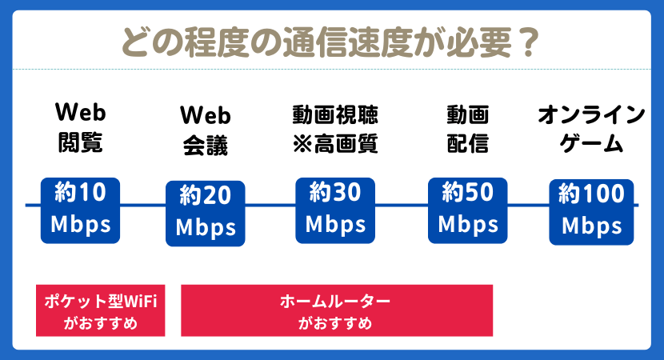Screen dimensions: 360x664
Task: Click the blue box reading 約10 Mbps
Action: coord(81,210)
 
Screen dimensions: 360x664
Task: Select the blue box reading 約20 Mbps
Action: coord(206,213)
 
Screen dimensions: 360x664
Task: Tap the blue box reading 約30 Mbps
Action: coord(335,210)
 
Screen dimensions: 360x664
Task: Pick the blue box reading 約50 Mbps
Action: coord(467,210)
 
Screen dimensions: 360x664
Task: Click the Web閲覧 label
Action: coord(80,126)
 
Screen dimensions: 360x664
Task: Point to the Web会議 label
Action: coord(205,130)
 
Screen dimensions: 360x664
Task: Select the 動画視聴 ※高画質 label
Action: coord(334,129)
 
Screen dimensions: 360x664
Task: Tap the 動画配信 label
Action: coord(467,129)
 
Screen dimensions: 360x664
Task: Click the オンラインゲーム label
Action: coord(591,129)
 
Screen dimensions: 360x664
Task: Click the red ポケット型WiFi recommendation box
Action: coord(100,312)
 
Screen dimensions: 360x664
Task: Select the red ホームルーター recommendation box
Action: coord(336,312)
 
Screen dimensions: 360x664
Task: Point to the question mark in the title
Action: coord(526,40)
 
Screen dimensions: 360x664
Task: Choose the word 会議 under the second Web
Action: coord(205,146)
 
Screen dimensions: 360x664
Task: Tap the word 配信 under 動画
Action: coord(467,144)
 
